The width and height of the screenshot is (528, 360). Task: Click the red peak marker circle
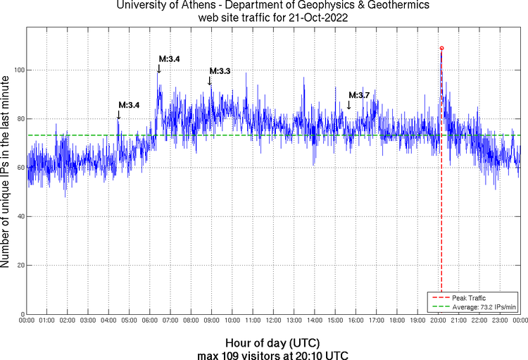(441, 48)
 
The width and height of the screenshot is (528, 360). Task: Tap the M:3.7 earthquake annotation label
(359, 95)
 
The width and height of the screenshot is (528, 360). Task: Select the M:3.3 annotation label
(220, 71)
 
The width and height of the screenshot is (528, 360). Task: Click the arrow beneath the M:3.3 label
(210, 81)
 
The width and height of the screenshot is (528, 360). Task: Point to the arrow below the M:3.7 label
(348, 105)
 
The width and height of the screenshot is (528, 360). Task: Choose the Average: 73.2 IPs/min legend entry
(482, 306)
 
